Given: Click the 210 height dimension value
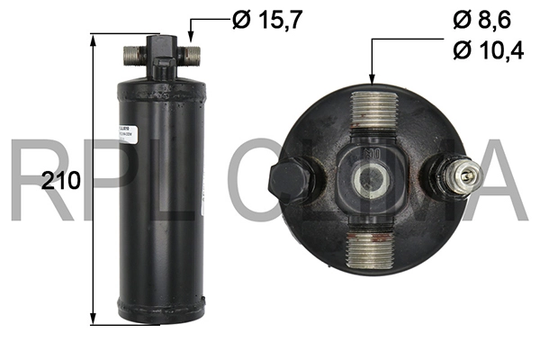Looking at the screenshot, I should tap(61, 180).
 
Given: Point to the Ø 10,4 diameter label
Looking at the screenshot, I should tap(489, 50).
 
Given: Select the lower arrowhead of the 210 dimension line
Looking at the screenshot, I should tap(93, 320).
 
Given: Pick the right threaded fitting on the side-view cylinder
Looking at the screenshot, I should tap(191, 55).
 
